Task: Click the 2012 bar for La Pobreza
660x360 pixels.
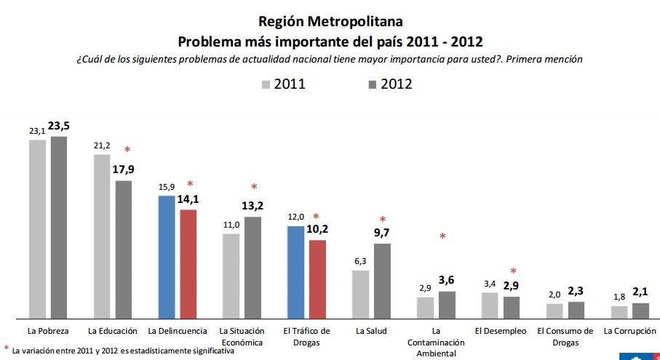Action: (58, 227)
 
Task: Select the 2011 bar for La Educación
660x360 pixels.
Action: (101, 236)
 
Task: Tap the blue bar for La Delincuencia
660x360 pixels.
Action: (166, 257)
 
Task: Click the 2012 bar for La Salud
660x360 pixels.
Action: (382, 281)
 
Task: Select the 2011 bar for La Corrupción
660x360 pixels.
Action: (619, 312)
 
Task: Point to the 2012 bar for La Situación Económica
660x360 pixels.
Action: (253, 268)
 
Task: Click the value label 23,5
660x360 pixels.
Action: (59, 125)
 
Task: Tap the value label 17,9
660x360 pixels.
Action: (124, 169)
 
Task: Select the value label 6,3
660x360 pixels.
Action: (360, 260)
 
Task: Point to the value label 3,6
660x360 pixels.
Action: (447, 280)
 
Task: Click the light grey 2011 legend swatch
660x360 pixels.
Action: (266, 84)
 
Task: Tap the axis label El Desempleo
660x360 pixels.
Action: (500, 331)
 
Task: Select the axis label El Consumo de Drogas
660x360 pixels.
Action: (565, 336)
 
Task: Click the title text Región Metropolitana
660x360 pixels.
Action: (330, 21)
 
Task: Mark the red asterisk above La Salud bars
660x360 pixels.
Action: (383, 220)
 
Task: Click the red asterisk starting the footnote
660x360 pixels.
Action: (7, 349)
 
